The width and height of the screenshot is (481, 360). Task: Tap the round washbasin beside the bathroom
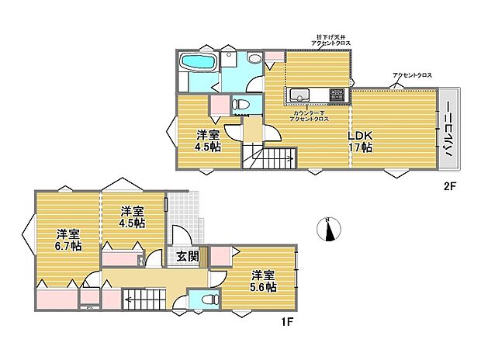point(254,60)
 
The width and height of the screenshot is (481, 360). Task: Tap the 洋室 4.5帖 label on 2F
point(207,138)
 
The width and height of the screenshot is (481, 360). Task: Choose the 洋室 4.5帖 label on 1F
point(132,216)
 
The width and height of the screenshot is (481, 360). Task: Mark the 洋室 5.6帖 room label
point(264,281)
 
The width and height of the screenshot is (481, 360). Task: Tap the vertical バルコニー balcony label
point(448,130)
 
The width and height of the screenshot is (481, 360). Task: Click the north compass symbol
point(329,230)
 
